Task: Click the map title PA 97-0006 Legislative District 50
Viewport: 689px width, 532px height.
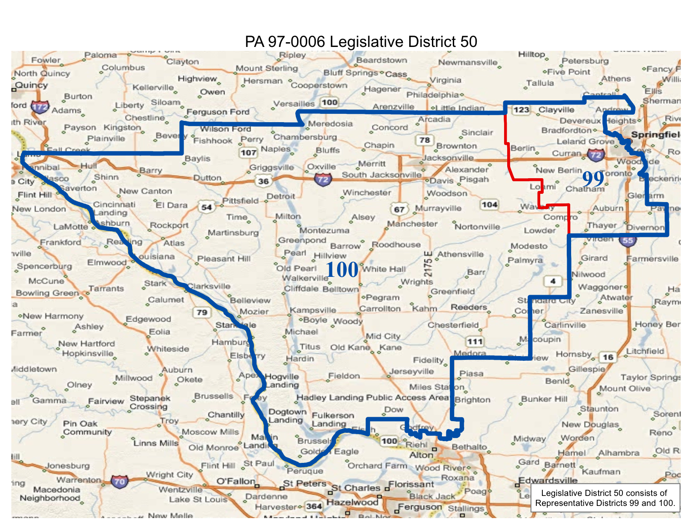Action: tap(361, 42)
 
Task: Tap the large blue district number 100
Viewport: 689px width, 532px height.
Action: tap(342, 270)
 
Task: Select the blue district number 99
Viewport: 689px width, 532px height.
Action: tap(593, 178)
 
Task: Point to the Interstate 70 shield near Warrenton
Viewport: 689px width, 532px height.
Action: tap(119, 481)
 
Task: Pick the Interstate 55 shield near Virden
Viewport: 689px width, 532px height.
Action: tap(628, 241)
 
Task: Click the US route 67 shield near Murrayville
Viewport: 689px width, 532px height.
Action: tap(399, 209)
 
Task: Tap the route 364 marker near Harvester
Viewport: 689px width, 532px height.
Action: tap(314, 506)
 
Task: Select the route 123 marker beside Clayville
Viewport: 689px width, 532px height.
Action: tap(521, 110)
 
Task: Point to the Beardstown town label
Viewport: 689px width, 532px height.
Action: tap(381, 60)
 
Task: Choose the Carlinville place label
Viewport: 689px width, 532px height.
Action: tap(565, 325)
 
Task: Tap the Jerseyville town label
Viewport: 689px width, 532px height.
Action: tap(411, 371)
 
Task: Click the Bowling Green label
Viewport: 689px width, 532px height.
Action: tap(47, 293)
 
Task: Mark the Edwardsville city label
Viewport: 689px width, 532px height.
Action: tap(548, 480)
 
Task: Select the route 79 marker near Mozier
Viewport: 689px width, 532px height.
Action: tap(202, 312)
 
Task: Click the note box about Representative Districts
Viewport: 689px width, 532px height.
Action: tap(605, 498)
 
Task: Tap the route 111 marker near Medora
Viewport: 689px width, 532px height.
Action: tap(475, 342)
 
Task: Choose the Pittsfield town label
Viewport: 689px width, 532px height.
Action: tap(240, 200)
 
